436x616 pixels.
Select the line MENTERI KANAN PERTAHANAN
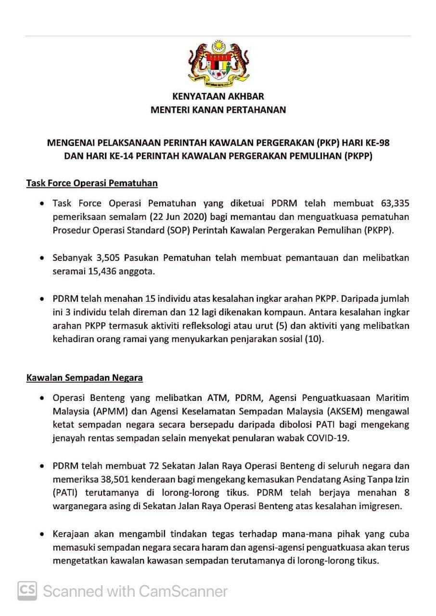218,110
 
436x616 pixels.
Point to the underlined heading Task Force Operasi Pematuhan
92,183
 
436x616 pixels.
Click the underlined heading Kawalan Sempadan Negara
84,378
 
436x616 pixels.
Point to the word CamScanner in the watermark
183,590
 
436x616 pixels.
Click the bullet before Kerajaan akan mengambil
44,534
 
